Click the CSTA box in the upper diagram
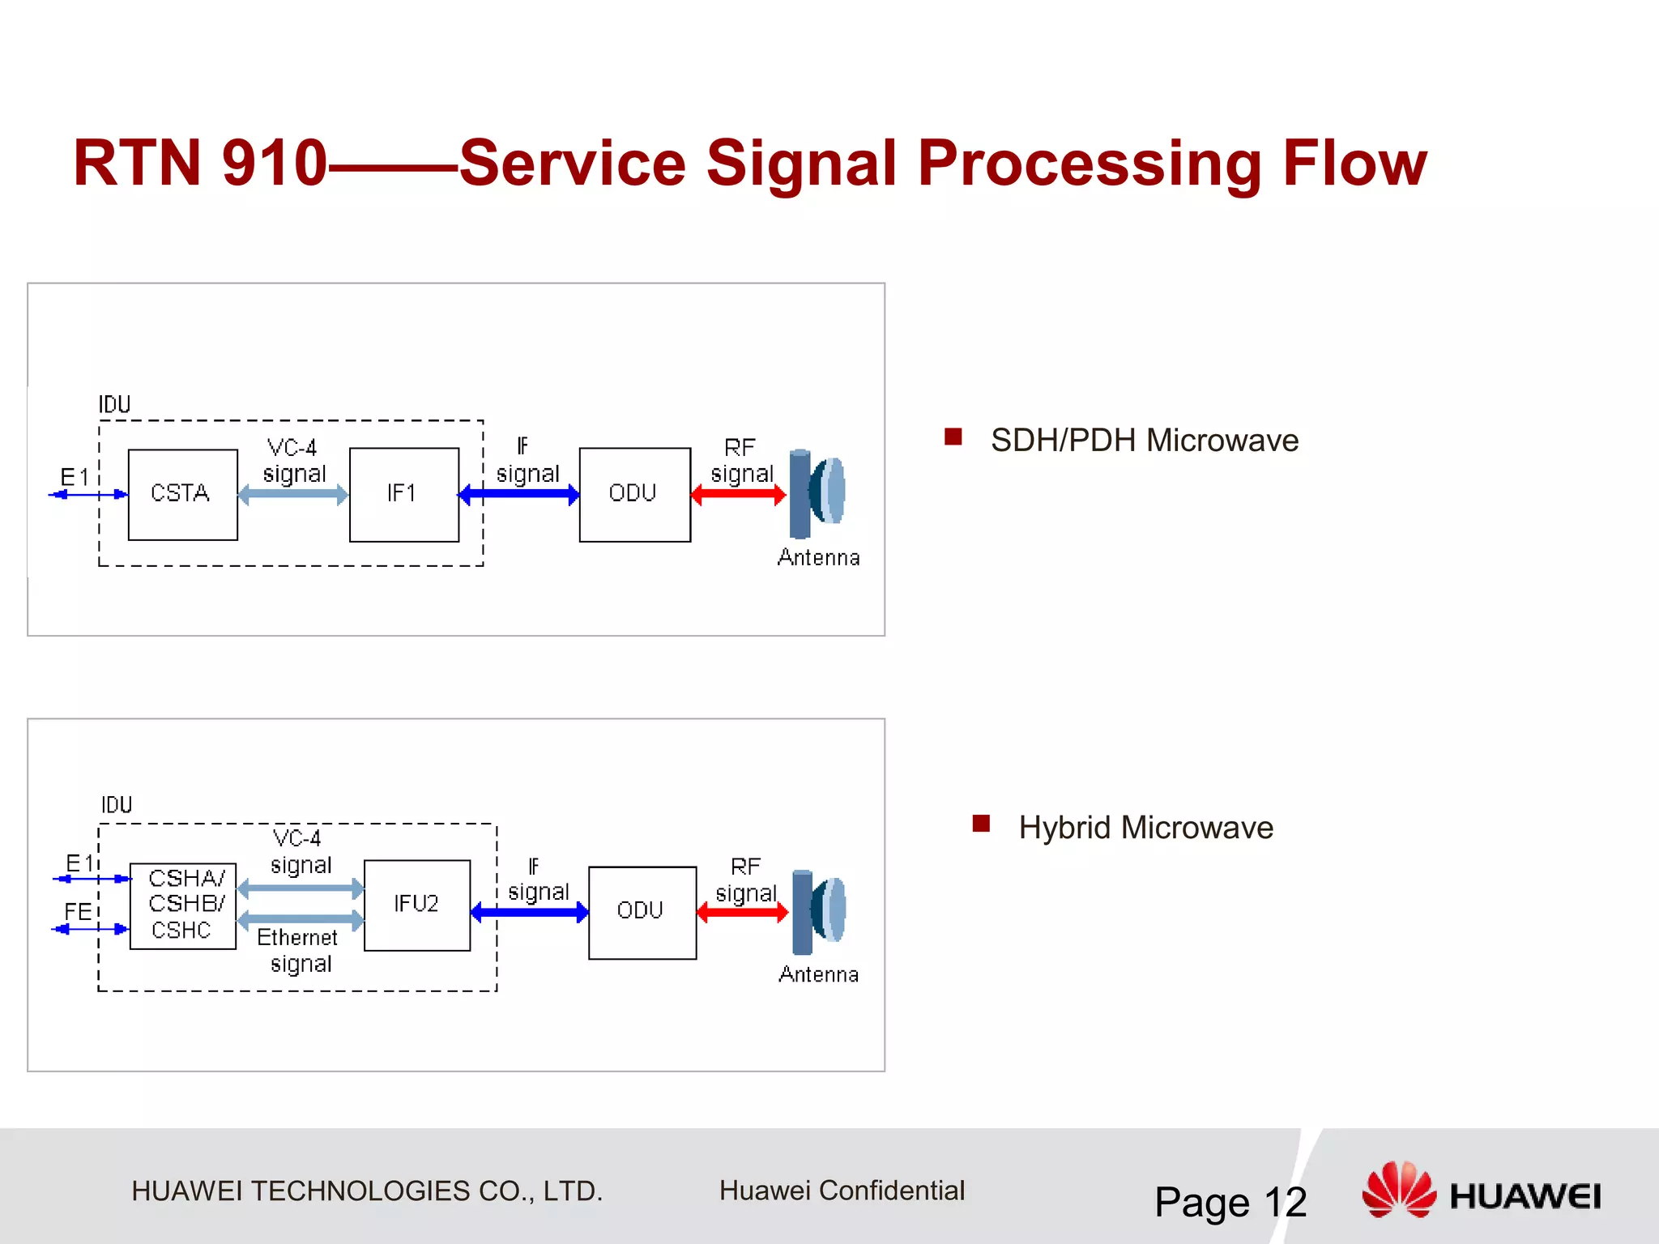coord(182,495)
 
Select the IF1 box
coord(403,495)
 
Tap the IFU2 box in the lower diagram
coord(416,905)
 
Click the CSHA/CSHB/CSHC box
coord(182,905)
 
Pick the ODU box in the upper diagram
coord(634,495)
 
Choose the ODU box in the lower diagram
coord(642,913)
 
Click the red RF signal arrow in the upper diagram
coord(738,495)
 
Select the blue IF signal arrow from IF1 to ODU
coord(518,495)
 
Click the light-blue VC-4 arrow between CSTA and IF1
coord(293,495)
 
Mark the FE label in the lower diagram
coord(78,912)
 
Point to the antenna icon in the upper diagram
coord(817,493)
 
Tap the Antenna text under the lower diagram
coord(818,974)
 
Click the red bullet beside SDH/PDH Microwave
coord(953,437)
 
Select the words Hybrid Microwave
coord(1145,828)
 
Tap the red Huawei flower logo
coord(1399,1189)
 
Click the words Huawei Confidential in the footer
coord(842,1191)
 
